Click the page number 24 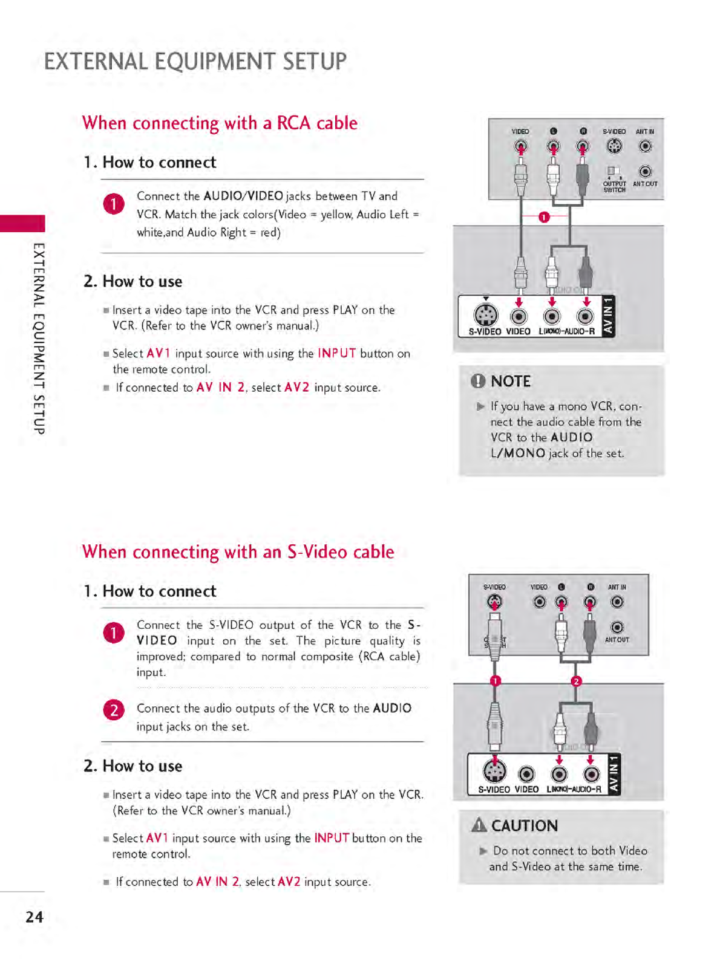[34, 917]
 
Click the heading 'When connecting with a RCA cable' [220, 123]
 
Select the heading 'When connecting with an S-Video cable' [238, 552]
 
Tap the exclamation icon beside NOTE [478, 381]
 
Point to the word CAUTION [524, 826]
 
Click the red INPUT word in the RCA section [336, 353]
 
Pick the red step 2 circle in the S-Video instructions [114, 709]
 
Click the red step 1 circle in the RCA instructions [114, 204]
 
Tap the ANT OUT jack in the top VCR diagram [646, 172]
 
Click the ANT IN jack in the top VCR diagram [646, 146]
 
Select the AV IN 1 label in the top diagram [608, 316]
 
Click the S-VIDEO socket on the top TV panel [485, 315]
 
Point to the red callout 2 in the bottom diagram [576, 681]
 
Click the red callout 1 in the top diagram [544, 217]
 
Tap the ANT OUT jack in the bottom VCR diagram [617, 627]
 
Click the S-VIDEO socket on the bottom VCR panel [494, 602]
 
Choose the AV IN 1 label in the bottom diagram [614, 774]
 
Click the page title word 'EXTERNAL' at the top [96, 62]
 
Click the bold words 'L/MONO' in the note [518, 453]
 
